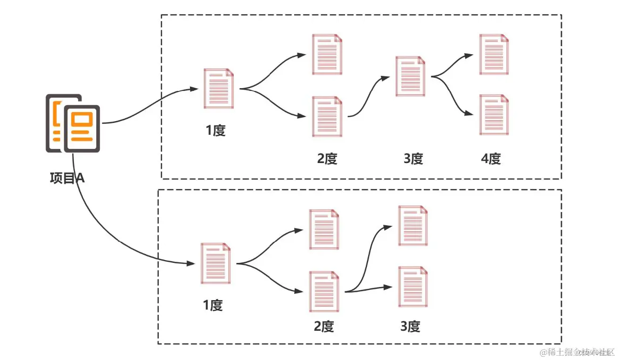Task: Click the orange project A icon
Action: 73,123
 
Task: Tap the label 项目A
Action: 67,179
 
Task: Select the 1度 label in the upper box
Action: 215,130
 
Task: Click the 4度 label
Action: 491,159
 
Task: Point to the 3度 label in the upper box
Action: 413,159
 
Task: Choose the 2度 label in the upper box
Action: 327,159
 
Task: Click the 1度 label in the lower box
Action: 213,305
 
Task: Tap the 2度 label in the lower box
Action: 324,326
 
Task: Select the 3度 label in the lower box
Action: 410,326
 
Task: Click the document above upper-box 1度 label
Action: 219,89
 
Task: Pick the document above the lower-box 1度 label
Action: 216,263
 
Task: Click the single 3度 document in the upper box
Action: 411,76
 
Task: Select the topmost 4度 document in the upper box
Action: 494,54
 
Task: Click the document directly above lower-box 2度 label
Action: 324,291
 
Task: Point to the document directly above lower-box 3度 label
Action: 413,287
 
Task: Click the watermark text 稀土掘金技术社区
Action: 578,352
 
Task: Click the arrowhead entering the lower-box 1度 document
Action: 192,263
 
